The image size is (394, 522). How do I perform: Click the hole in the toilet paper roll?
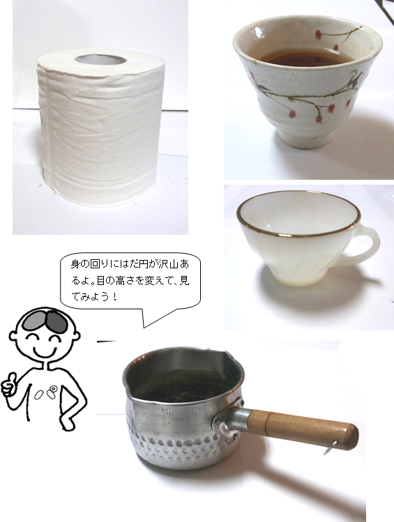(100, 60)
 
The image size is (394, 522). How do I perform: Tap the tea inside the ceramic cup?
(305, 58)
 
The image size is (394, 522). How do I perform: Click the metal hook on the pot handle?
(331, 447)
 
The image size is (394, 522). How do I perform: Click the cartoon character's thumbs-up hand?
(10, 386)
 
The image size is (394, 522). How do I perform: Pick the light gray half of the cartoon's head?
(34, 321)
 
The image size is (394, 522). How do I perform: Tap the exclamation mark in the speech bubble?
(114, 296)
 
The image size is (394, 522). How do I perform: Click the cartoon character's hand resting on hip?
(68, 421)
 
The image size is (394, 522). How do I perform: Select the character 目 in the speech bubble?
(100, 281)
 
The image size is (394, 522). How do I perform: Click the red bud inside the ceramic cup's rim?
(318, 33)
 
